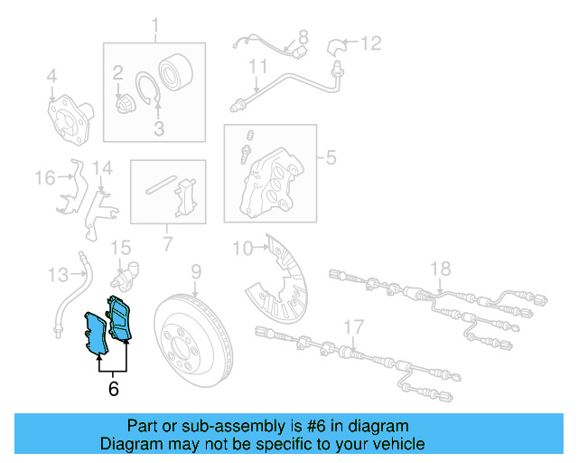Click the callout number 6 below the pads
(113, 390)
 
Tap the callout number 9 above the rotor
(195, 270)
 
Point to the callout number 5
(331, 159)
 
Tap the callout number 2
(117, 71)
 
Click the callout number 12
(371, 43)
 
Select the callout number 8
(303, 37)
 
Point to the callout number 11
(258, 66)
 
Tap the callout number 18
(439, 269)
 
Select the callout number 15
(120, 247)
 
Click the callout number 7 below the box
(166, 243)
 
